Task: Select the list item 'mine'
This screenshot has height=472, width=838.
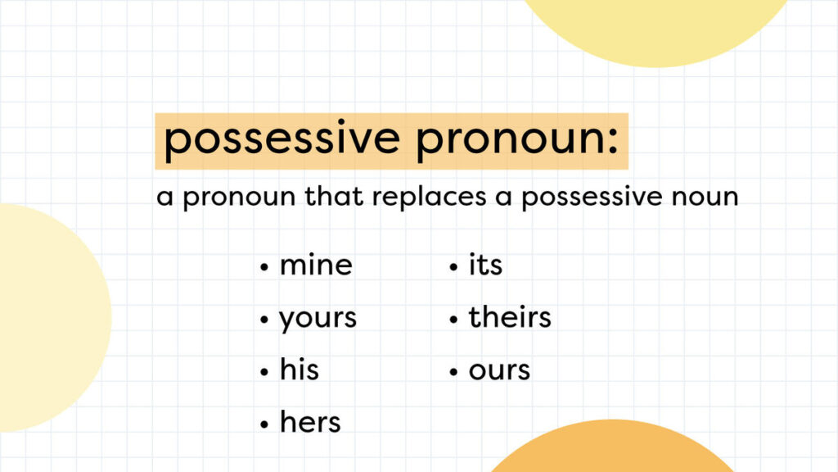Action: [316, 265]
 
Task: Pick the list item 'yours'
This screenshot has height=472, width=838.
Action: [318, 319]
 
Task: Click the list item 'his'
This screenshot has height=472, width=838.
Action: [299, 370]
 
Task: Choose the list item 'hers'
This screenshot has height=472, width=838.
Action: [310, 423]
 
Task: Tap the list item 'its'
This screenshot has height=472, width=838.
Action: [485, 265]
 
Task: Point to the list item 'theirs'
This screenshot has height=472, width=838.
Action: [510, 318]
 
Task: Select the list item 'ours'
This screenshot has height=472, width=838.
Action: [499, 370]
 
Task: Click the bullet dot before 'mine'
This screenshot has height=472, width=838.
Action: [264, 268]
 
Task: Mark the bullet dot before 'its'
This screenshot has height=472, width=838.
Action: [453, 268]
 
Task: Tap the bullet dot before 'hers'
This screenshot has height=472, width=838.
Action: [264, 425]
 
